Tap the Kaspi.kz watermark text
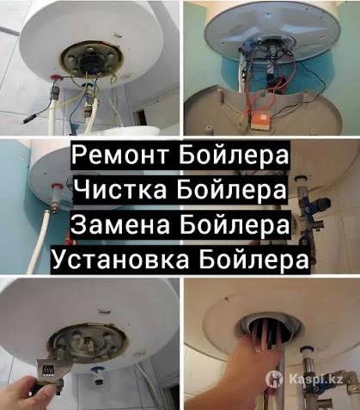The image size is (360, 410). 315,380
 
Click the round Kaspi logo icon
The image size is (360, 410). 274,379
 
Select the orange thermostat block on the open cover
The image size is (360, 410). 259,120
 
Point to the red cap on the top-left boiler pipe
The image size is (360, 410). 55,78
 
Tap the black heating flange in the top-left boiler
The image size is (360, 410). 91,61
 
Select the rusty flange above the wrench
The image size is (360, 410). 86,342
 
